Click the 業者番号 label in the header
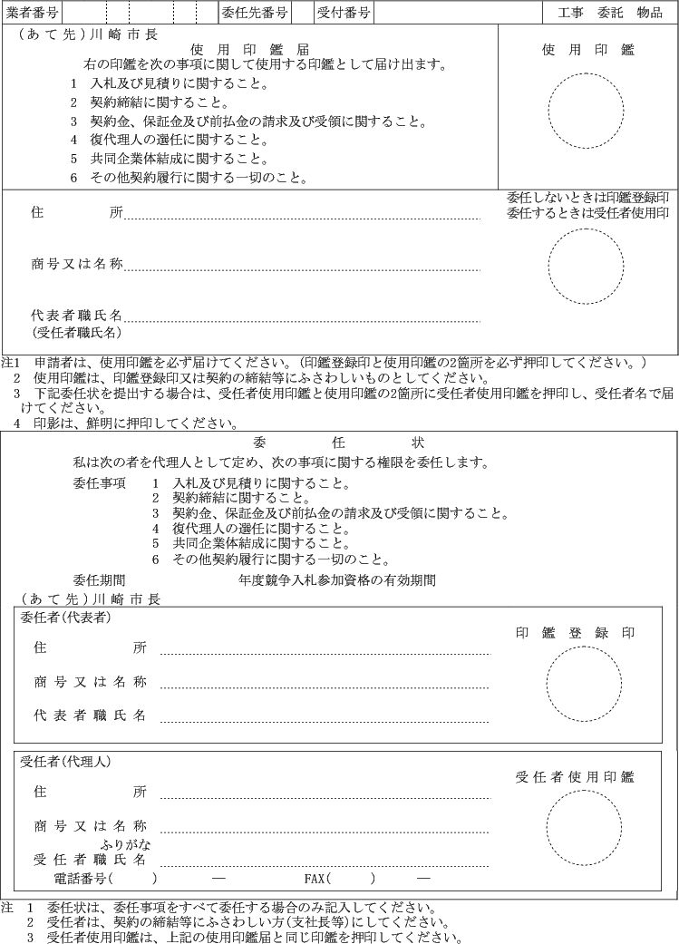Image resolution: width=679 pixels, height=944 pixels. [33, 13]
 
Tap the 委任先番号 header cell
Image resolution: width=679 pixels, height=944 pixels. [255, 13]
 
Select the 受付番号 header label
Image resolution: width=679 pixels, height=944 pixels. [344, 13]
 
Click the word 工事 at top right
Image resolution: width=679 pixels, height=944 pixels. [571, 13]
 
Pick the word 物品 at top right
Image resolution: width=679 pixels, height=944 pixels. [650, 13]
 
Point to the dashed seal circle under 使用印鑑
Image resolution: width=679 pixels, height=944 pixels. [586, 111]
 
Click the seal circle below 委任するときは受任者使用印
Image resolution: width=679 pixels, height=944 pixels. [586, 266]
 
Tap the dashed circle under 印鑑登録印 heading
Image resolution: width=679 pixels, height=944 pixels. [584, 684]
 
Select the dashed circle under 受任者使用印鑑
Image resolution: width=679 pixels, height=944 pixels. [584, 826]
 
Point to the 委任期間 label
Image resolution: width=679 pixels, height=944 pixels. [99, 579]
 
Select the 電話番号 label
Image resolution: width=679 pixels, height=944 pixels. [82, 878]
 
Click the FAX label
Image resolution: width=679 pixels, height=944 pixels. [315, 878]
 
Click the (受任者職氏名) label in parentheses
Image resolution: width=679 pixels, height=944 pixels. [76, 333]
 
